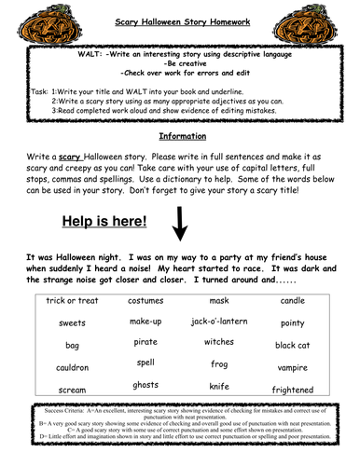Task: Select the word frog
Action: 217,363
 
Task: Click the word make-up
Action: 145,321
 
